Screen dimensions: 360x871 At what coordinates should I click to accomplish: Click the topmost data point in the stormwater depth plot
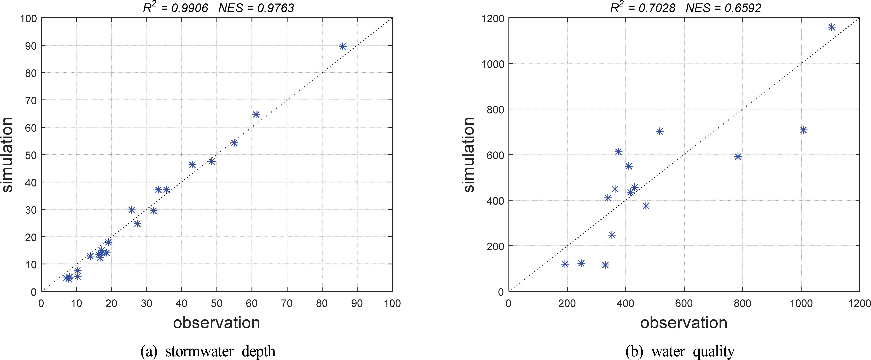click(342, 46)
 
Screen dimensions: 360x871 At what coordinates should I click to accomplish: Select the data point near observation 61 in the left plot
click(256, 114)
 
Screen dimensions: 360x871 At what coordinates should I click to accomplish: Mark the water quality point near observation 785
click(738, 156)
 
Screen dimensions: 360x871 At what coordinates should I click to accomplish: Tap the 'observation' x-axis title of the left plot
click(216, 323)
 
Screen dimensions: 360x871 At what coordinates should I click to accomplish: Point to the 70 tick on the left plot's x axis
click(287, 303)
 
